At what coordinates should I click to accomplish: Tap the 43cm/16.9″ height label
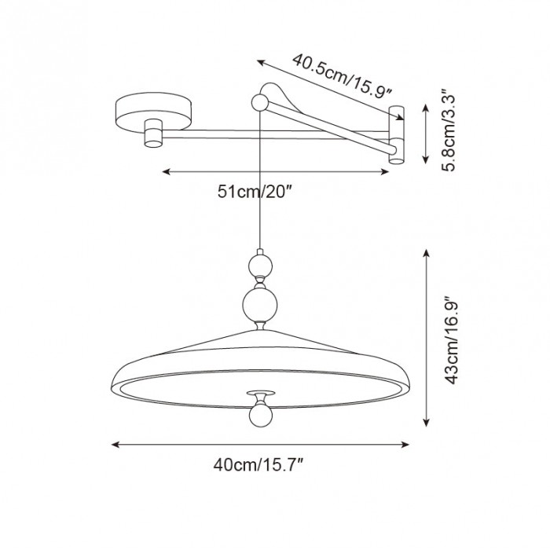[449, 341]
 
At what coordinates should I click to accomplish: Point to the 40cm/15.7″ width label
[258, 465]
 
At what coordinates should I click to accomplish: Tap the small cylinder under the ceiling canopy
[152, 133]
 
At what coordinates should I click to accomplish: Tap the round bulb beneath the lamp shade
[258, 413]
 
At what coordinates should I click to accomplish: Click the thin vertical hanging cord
[258, 196]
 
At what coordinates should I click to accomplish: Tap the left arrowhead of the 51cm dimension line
[165, 170]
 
